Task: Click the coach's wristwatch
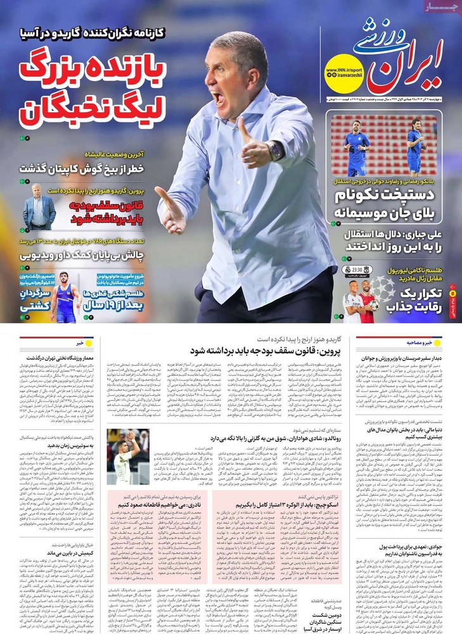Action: pos(275,150)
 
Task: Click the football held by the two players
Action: pos(374,305)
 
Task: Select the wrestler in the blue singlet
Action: pos(65,298)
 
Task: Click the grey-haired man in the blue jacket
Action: pos(39,212)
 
